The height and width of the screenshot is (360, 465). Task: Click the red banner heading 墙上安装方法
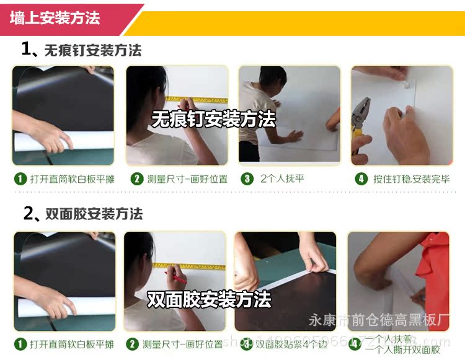click(55, 18)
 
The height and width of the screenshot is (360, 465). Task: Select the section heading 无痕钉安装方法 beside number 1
click(93, 50)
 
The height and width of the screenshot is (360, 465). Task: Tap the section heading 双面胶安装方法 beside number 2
click(94, 214)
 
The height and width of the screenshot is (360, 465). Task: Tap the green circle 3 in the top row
click(247, 179)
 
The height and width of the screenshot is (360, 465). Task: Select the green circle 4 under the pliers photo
click(361, 179)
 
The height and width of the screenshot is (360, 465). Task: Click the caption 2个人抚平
click(282, 179)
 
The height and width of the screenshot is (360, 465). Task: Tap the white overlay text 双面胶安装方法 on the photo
click(209, 301)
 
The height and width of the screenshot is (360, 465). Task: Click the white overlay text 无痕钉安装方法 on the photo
click(214, 119)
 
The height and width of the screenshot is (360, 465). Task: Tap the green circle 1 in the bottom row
click(20, 344)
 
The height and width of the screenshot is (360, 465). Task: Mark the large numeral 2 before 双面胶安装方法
click(29, 214)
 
